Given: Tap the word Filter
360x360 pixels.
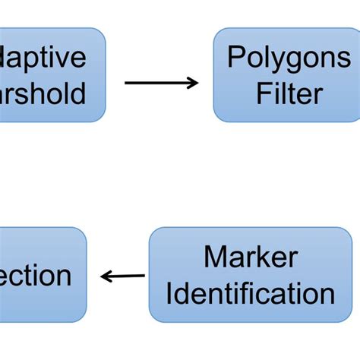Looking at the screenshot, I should [x=289, y=93].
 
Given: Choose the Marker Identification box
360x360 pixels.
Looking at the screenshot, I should [x=251, y=275].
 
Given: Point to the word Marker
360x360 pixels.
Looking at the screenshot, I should [x=251, y=257].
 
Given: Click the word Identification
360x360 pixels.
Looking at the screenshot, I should [x=251, y=293].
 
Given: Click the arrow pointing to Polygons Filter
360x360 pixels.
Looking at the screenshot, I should [x=161, y=83].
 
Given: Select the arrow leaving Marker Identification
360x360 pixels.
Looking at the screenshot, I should [x=123, y=276].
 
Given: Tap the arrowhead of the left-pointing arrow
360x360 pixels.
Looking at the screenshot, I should [x=106, y=276].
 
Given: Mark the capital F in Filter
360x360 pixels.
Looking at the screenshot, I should [x=263, y=93].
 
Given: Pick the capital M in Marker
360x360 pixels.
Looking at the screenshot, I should [x=214, y=257].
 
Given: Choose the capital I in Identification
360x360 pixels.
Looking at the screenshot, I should [x=169, y=293].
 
